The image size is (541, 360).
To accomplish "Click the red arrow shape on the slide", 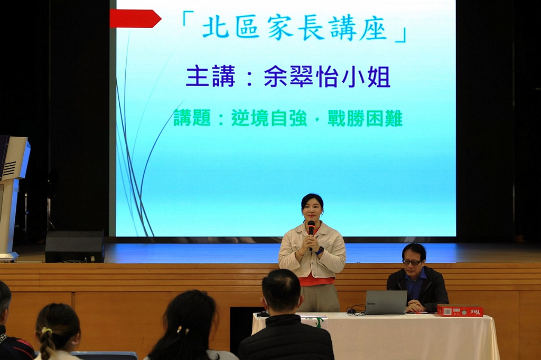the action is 135,18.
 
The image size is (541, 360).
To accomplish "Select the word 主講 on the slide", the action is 210,76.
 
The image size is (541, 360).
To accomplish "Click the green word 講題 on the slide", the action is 192,118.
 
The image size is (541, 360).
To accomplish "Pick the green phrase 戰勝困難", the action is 365,118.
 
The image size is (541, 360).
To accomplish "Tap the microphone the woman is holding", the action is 311,230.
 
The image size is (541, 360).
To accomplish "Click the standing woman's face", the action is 312,210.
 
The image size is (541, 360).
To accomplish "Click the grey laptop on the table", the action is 386,302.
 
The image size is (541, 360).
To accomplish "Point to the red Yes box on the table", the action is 460,310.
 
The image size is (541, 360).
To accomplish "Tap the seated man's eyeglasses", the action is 412,262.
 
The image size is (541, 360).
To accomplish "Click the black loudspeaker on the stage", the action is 74,247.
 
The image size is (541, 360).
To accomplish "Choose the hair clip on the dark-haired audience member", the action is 183,330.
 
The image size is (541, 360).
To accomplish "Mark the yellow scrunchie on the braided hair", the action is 46,331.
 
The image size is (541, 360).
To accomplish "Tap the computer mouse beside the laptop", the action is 351,311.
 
